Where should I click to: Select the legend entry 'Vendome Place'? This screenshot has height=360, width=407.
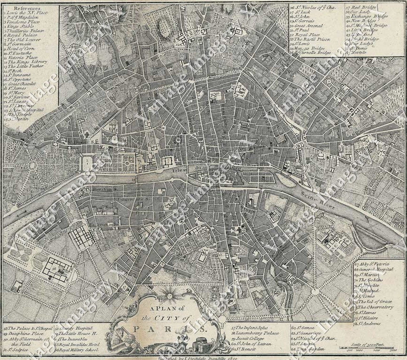tap(21, 22)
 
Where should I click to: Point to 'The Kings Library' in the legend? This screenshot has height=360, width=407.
tap(27, 61)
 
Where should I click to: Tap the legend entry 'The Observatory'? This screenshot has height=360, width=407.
tap(375, 307)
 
